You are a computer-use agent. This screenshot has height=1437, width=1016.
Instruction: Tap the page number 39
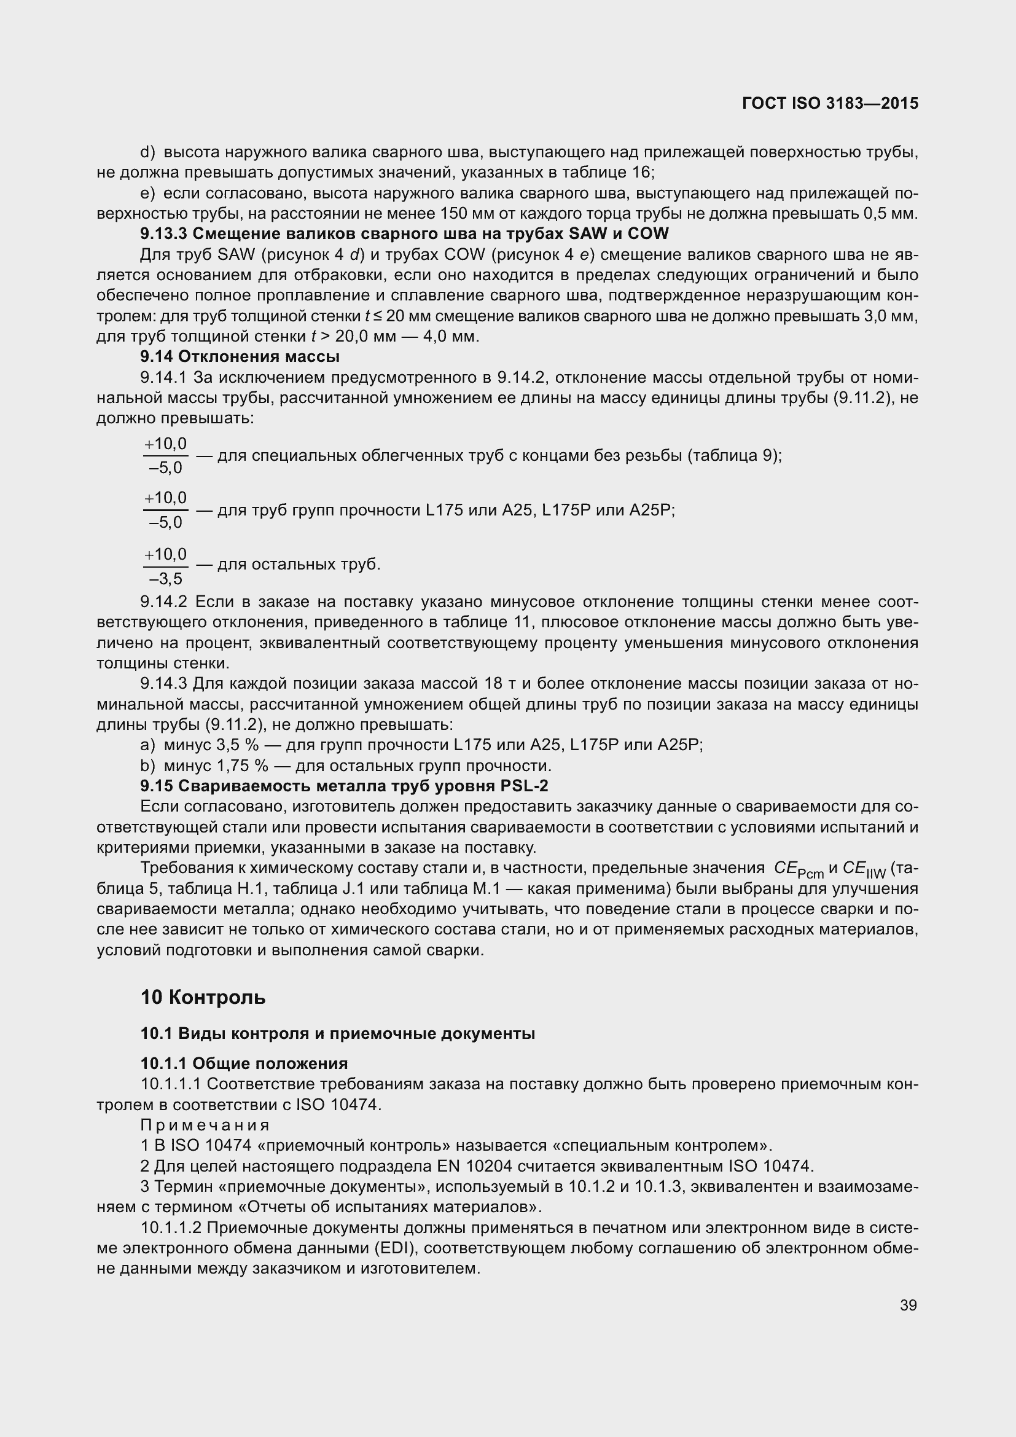pyautogui.click(x=909, y=1305)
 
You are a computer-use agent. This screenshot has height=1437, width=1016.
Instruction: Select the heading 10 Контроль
pyautogui.click(x=203, y=997)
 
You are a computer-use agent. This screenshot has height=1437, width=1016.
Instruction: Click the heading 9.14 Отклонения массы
pyautogui.click(x=240, y=357)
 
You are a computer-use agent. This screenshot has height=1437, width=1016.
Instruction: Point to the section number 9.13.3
pyautogui.click(x=163, y=234)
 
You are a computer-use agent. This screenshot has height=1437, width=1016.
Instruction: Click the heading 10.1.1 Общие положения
pyautogui.click(x=244, y=1063)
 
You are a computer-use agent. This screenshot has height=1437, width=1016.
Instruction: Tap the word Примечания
pyautogui.click(x=205, y=1125)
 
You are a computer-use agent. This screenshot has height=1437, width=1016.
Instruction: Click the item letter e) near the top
pyautogui.click(x=148, y=194)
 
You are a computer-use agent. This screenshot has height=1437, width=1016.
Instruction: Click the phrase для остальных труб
pyautogui.click(x=299, y=565)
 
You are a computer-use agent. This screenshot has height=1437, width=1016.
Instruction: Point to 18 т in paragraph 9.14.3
pyautogui.click(x=498, y=683)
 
